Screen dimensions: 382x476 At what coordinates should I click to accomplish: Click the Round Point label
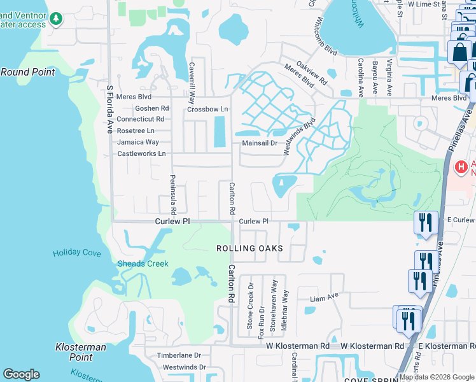tap(27, 72)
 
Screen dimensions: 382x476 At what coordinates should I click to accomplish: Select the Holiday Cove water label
tap(76, 253)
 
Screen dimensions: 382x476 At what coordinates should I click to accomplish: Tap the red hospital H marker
tap(461, 167)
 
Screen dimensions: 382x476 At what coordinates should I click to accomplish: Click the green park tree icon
tap(57, 19)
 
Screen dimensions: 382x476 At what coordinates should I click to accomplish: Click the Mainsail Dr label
tap(260, 143)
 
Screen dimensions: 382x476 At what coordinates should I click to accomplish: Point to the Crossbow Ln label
tap(207, 110)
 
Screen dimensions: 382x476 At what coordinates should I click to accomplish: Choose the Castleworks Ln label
tap(141, 154)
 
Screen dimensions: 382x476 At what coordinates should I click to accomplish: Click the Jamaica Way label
tap(138, 142)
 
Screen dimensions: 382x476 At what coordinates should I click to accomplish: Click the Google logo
tap(21, 374)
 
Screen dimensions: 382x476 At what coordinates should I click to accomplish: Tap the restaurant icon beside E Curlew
tap(426, 222)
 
